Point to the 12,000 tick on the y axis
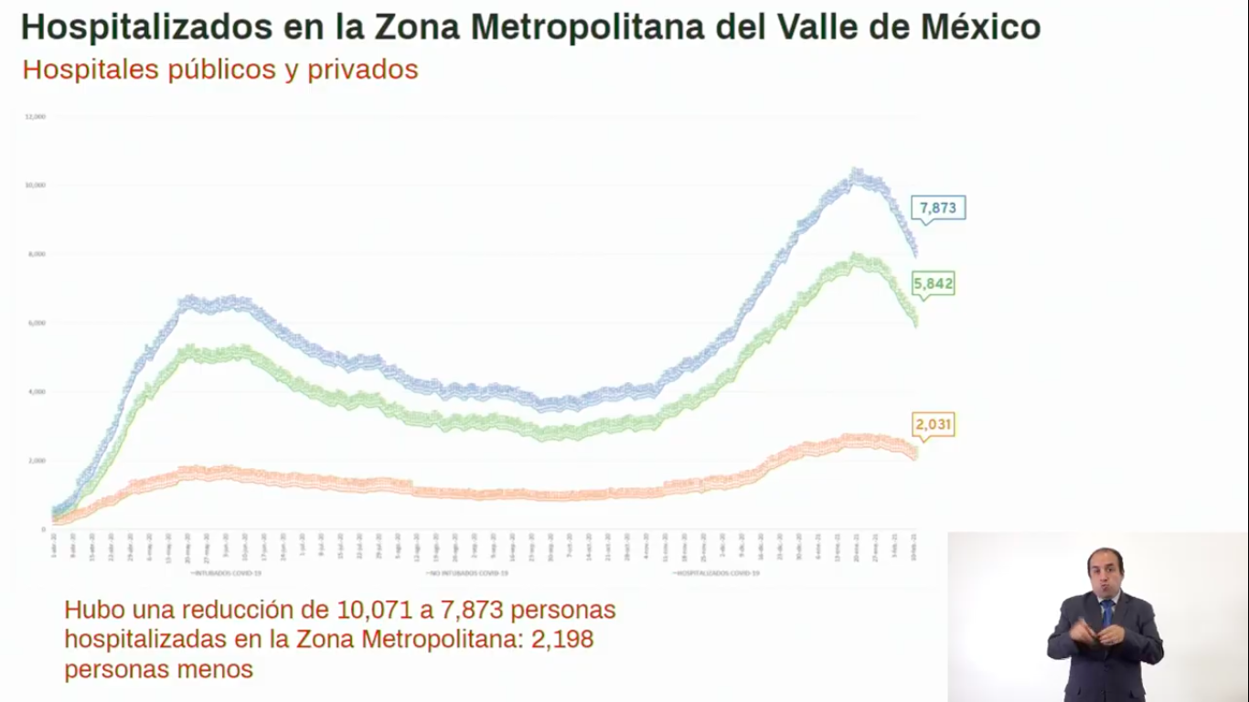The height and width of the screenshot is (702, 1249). point(36,117)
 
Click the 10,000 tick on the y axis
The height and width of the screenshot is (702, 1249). point(36,186)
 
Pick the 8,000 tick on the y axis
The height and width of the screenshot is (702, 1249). point(37,254)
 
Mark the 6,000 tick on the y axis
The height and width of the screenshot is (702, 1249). point(37,323)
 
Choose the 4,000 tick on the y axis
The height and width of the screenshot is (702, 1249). point(37,391)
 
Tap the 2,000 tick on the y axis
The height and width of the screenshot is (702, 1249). point(37,460)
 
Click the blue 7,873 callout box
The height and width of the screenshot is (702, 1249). point(937,207)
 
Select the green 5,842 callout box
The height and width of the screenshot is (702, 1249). point(933,284)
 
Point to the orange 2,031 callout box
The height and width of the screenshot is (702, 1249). point(934,425)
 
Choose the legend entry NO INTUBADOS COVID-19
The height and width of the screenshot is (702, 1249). point(467,573)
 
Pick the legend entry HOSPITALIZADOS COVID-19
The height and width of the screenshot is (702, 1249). point(717,573)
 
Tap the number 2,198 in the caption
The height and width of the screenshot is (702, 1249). point(564,640)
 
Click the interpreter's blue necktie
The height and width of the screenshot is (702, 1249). point(1106,612)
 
